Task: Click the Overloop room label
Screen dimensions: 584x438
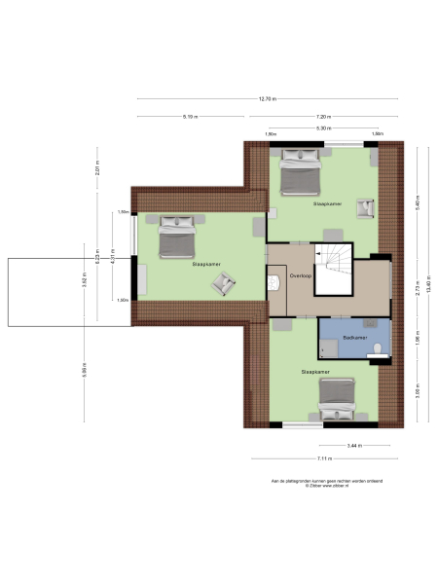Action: tap(300, 275)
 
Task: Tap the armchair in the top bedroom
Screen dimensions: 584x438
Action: tap(367, 205)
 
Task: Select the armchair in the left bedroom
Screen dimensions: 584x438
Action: tap(225, 283)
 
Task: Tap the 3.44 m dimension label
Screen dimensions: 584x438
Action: tap(354, 445)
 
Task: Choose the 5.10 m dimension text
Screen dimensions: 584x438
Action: tap(190, 117)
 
